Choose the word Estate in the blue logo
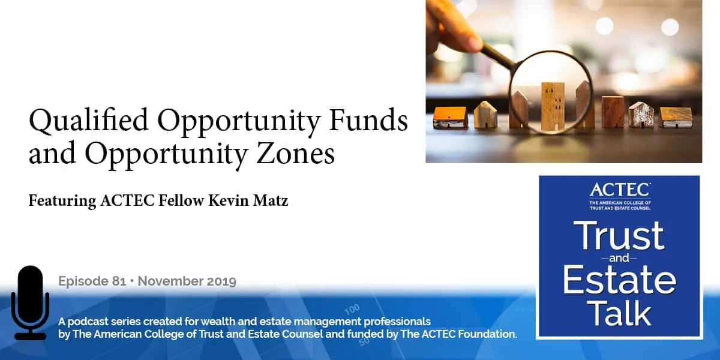point(620,280)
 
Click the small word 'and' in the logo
point(620,257)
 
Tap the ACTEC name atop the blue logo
point(620,190)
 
